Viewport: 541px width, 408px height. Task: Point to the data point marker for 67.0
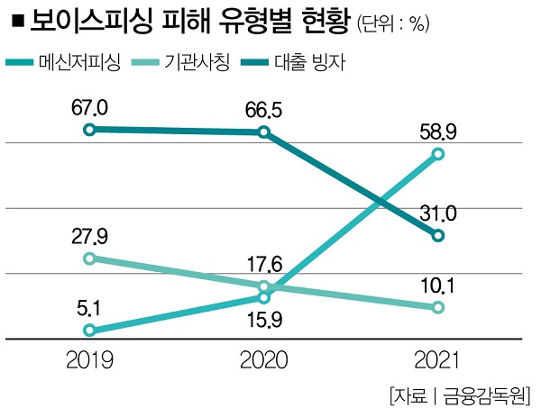coord(89,130)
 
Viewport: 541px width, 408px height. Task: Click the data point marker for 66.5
coord(263,132)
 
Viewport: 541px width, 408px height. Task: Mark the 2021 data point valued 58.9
coord(438,155)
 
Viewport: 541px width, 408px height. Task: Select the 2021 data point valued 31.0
coord(438,236)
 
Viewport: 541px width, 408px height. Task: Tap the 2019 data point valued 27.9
coord(89,258)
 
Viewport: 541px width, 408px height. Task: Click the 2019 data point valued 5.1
coord(89,331)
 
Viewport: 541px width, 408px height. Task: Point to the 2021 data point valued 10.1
coord(438,308)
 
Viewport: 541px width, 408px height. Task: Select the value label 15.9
coord(263,318)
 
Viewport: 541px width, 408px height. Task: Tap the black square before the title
coord(18,22)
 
